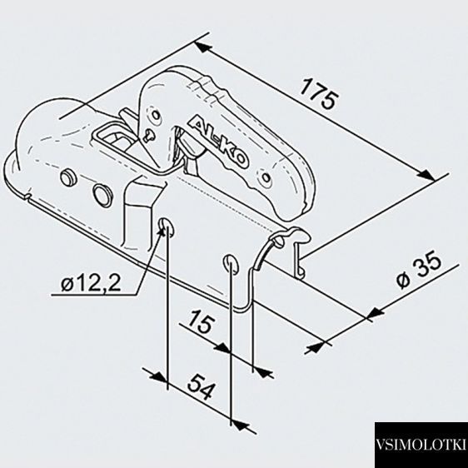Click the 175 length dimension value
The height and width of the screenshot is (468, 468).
click(320, 93)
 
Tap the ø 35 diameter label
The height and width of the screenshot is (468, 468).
click(419, 272)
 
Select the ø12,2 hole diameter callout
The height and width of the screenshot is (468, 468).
click(91, 282)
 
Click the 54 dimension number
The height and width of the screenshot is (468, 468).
click(201, 386)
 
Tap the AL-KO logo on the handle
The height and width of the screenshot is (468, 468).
click(219, 140)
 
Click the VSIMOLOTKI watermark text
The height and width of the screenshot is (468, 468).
click(421, 445)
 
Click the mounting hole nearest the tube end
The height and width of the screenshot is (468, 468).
click(231, 264)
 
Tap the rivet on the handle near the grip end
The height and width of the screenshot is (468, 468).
click(266, 178)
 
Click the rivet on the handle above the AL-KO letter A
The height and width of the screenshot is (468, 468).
click(156, 115)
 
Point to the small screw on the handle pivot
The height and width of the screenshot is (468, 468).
click(148, 134)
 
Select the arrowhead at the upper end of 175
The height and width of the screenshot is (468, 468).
click(203, 47)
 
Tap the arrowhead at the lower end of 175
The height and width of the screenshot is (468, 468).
click(426, 175)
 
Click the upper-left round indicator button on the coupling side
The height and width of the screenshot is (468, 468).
click(68, 177)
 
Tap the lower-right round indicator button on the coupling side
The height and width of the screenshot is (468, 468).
click(102, 192)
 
